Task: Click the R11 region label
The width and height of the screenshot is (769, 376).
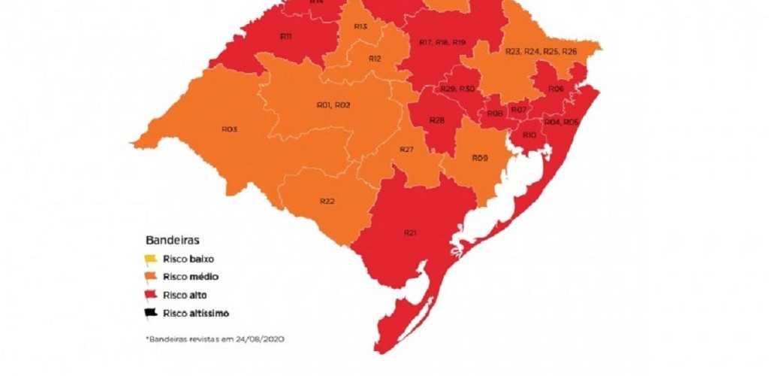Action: [x=286, y=36]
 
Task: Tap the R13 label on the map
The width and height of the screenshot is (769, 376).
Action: [x=360, y=27]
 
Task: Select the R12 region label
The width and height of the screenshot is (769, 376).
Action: [x=375, y=59]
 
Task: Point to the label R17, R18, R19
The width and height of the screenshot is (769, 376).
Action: [x=443, y=42]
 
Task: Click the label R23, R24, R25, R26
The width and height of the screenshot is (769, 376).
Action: [x=541, y=51]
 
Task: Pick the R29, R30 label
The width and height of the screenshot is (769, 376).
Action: [x=458, y=89]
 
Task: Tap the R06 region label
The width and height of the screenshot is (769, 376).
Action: [x=556, y=89]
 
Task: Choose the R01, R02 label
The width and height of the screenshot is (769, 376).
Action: [x=333, y=105]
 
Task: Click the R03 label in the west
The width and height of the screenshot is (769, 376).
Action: [x=230, y=129]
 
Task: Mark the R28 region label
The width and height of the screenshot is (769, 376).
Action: [x=436, y=120]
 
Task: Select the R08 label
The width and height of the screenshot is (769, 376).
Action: [x=495, y=114]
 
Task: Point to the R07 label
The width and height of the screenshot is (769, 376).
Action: [x=518, y=111]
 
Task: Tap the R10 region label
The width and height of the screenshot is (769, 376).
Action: [x=529, y=135]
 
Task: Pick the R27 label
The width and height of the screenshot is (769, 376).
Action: [x=407, y=150]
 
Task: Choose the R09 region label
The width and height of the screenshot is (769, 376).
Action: [x=481, y=158]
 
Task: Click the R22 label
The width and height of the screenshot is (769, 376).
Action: [x=327, y=201]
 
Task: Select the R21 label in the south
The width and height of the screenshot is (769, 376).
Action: [x=410, y=232]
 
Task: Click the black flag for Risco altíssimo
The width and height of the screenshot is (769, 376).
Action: [x=151, y=312]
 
